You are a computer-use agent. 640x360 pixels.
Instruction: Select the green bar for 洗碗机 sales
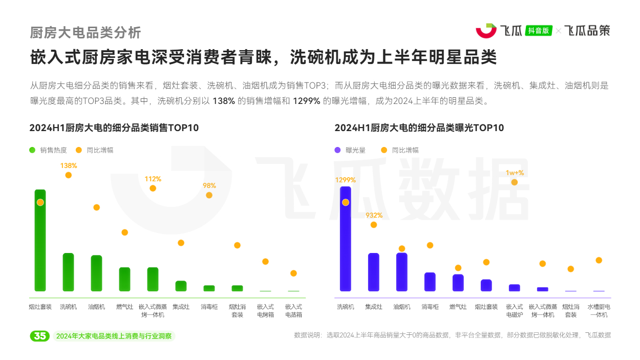68,272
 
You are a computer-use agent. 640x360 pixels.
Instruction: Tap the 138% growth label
69,165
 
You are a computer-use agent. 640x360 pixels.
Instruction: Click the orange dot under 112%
153,188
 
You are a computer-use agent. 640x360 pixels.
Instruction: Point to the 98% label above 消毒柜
209,185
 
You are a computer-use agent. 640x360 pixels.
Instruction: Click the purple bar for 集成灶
373,272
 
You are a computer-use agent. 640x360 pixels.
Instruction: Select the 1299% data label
346,180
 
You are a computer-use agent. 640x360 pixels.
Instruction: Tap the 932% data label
374,215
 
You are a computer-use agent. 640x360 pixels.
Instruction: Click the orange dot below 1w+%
515,182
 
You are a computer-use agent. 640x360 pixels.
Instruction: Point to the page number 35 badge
39,336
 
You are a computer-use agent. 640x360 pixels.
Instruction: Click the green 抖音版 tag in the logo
539,31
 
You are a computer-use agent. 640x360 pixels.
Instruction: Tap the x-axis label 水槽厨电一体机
599,311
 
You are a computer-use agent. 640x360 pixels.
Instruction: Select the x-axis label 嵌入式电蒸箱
293,311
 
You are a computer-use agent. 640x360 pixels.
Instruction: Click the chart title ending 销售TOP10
114,128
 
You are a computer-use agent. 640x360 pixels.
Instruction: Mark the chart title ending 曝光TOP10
419,128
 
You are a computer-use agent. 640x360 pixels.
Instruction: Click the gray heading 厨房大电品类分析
85,33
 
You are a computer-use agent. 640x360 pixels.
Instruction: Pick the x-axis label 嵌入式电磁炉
514,311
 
